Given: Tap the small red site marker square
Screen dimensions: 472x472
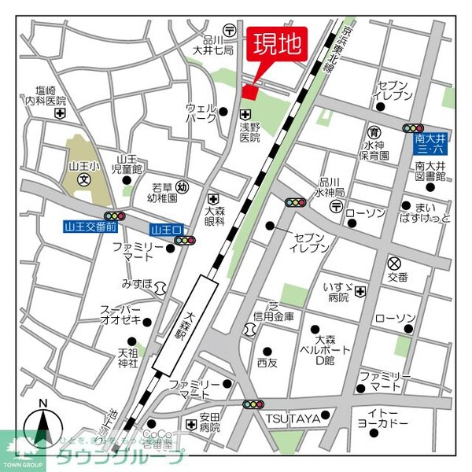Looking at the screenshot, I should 249,93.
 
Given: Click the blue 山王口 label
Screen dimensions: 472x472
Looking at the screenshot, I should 166,230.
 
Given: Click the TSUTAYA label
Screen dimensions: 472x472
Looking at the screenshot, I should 292,419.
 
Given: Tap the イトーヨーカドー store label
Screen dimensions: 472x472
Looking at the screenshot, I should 388,418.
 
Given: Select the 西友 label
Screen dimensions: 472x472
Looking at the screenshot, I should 267,363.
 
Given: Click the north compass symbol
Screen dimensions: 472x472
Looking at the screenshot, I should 43,430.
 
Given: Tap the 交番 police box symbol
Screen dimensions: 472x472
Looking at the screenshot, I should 393,263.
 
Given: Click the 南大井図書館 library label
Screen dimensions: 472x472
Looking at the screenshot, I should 430,171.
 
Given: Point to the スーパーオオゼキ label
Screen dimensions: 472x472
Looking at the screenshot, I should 120,315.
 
